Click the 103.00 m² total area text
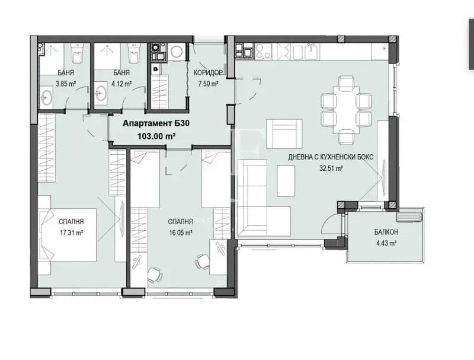click(156, 136)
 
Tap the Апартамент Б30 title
click(156, 123)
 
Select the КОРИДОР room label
click(209, 72)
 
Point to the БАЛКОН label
click(386, 232)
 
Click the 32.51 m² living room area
click(331, 168)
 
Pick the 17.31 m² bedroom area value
click(71, 232)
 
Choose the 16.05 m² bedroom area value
click(181, 232)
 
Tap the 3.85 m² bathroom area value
click(66, 84)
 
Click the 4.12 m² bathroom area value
click(121, 84)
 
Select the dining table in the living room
click(347, 110)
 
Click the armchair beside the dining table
click(284, 133)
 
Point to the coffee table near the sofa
click(286, 181)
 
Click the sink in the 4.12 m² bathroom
click(100, 93)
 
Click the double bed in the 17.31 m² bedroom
click(68, 235)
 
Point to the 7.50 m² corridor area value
click(209, 84)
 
